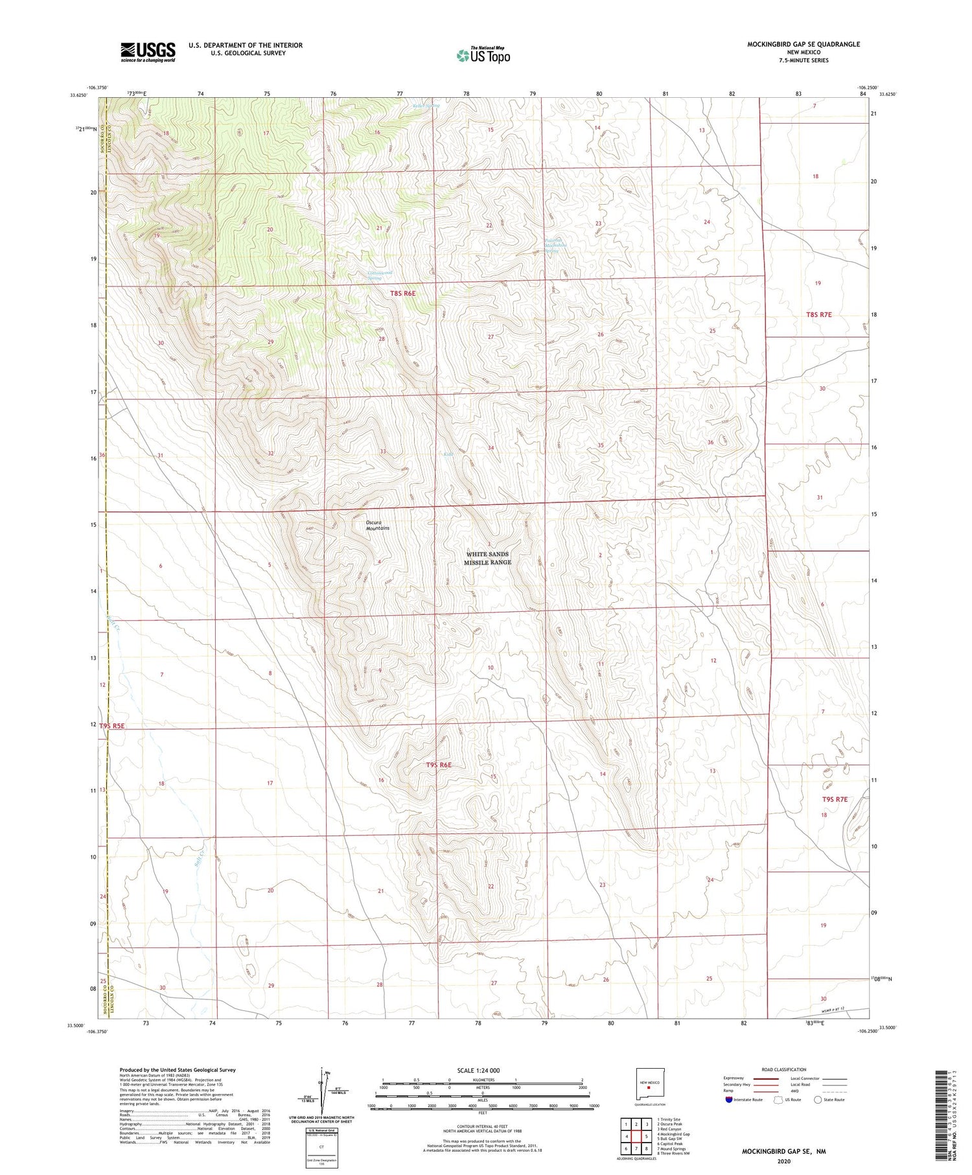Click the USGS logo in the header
click(x=148, y=52)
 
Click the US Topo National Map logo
click(x=483, y=55)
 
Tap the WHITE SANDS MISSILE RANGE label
click(x=487, y=558)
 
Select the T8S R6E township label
click(x=402, y=294)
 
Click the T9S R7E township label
click(x=835, y=799)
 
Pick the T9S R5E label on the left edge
click(x=112, y=726)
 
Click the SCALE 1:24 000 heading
click(x=478, y=1070)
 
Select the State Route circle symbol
click(x=818, y=1100)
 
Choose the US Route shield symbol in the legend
click(x=778, y=1100)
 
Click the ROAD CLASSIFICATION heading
click(x=783, y=1069)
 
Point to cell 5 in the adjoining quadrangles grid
click(x=647, y=1136)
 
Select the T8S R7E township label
click(x=818, y=314)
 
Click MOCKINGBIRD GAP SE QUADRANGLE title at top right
click(x=804, y=44)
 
